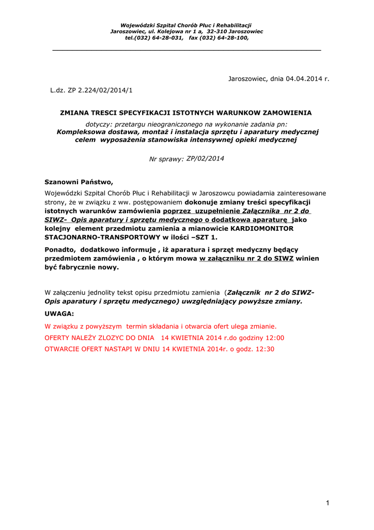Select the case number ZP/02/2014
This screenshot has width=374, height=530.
pos(205,158)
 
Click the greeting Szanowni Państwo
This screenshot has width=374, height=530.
pos(78,182)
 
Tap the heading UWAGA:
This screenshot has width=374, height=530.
pos(59,314)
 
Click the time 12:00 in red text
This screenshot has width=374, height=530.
pos(274,338)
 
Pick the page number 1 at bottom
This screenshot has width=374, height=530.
pos(328,503)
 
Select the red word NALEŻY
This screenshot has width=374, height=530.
pos(88,338)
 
